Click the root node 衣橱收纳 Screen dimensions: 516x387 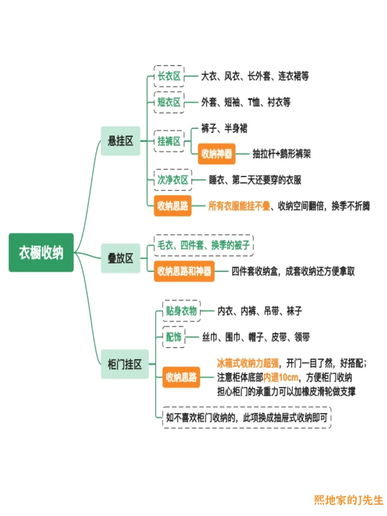41,253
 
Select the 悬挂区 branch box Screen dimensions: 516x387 120,141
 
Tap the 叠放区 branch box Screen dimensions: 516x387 120,258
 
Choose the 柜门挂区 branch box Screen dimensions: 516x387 125,364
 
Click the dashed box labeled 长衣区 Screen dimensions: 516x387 169,76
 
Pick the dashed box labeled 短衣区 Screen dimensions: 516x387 169,102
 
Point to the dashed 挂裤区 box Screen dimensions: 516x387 169,141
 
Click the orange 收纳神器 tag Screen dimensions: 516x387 216,154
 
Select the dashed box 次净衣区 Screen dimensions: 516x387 173,180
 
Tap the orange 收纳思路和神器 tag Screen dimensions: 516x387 184,271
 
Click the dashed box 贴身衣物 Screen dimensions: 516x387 181,311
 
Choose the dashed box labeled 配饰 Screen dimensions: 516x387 174,337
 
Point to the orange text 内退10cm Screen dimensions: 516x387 281,377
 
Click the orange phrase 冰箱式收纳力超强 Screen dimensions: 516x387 248,363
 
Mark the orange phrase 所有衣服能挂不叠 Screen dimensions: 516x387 239,206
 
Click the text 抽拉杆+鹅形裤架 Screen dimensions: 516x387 282,154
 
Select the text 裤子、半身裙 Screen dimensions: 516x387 224,128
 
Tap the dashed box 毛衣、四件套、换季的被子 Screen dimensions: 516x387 204,245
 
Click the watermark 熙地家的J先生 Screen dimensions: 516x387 348,500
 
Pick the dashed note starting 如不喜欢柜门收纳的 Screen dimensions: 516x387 247,417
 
